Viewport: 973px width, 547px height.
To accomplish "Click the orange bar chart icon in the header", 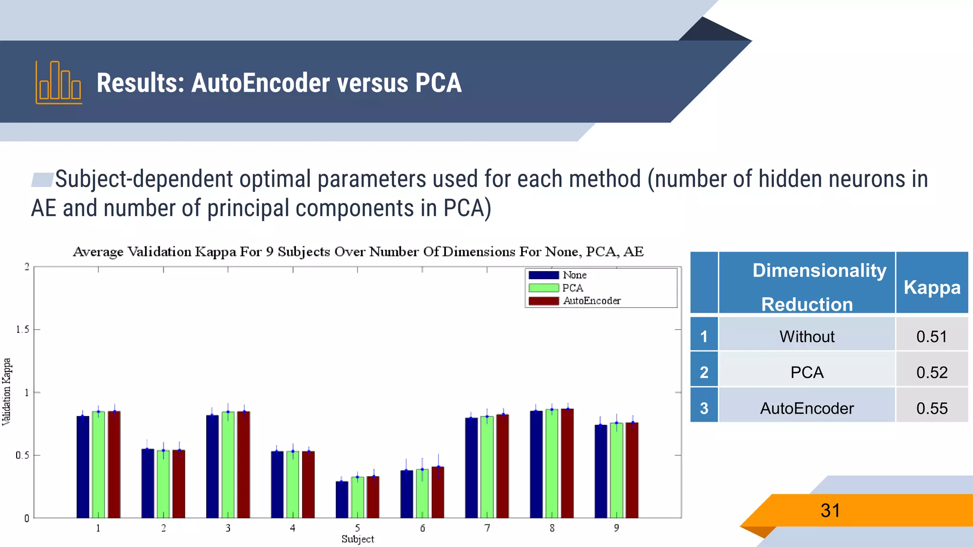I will coord(59,83).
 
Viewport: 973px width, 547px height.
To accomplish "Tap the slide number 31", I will coord(830,511).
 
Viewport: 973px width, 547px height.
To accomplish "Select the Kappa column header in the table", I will coord(932,287).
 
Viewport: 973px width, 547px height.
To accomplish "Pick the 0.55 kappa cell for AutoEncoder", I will coord(932,408).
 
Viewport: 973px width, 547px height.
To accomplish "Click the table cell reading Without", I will coord(807,337).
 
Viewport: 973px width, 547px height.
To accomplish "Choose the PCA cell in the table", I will coord(807,372).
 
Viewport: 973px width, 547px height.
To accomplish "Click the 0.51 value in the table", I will coord(932,337).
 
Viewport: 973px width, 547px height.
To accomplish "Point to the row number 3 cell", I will coord(704,408).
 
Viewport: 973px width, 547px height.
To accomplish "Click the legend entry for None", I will coord(574,275).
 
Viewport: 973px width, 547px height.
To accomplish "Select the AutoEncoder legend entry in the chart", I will coord(591,301).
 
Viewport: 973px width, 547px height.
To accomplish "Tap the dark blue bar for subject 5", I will coord(342,500).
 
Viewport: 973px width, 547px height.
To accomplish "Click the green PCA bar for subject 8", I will coord(552,463).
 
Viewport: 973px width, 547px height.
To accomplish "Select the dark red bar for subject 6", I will coord(438,492).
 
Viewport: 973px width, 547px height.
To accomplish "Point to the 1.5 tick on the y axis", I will coord(22,330).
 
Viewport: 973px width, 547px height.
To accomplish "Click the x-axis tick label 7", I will coord(487,528).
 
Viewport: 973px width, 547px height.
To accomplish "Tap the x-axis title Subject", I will coord(357,539).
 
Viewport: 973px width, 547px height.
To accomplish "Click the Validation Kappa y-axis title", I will coord(7,392).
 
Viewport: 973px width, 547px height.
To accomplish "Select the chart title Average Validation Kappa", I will coord(358,252).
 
